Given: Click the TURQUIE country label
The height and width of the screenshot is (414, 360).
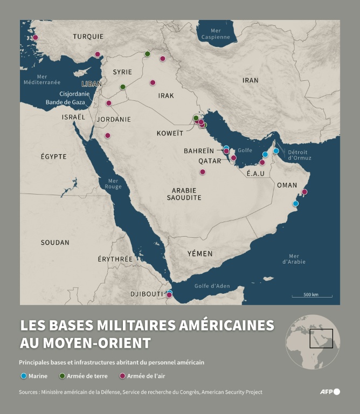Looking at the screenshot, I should [88, 37].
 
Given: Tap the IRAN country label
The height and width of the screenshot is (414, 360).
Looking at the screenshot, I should [250, 80].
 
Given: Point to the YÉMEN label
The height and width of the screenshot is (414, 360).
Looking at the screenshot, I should [200, 253].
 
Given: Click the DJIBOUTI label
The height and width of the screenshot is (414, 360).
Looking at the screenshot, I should [147, 294].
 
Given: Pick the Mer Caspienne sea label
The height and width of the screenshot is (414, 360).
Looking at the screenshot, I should [216, 34].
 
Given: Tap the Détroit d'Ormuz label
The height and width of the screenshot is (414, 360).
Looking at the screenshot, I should [300, 155].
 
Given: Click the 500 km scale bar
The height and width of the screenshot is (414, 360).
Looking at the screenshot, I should [311, 295].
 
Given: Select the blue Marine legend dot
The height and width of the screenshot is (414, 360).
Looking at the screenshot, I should [23, 376].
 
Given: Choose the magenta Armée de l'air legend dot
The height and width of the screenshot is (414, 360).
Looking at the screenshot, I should [122, 376].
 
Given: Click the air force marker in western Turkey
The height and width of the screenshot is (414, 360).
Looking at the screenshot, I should [36, 38].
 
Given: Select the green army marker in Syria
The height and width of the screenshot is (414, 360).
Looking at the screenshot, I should [123, 87].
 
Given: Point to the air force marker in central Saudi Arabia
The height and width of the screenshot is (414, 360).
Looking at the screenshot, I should [203, 172].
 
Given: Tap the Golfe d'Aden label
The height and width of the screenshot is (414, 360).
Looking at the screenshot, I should [212, 286].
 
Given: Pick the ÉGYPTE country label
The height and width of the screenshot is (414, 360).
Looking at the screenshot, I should [54, 156].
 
